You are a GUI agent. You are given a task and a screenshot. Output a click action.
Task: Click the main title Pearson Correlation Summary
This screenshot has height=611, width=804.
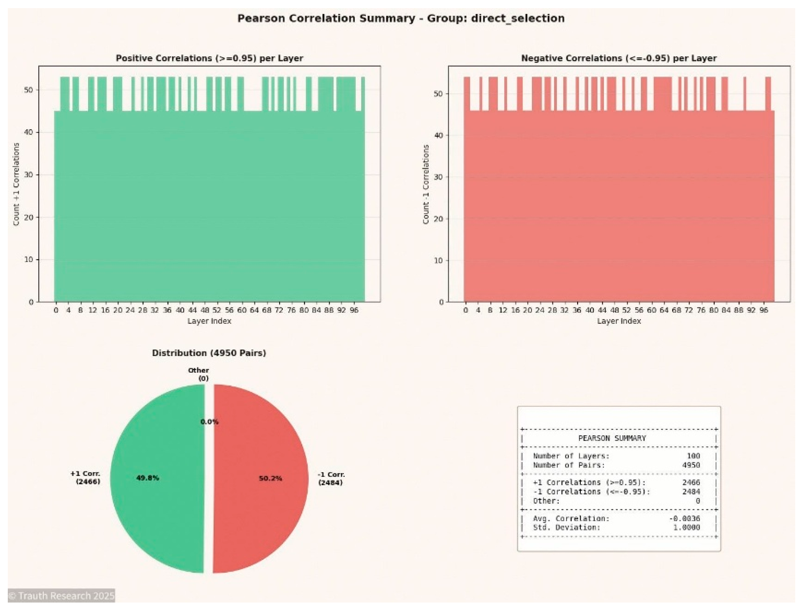pyautogui.click(x=401, y=18)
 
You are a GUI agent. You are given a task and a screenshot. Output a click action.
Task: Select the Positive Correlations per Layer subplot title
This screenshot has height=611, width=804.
pyautogui.click(x=209, y=58)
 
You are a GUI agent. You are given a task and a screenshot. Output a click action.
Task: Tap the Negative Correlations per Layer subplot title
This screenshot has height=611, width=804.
pyautogui.click(x=619, y=58)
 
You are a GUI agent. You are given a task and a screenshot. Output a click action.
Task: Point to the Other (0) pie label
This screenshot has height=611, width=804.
pyautogui.click(x=199, y=374)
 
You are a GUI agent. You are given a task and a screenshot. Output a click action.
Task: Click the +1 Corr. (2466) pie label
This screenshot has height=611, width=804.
pyautogui.click(x=86, y=477)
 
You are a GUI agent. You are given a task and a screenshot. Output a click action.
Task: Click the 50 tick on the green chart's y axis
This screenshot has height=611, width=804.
pyautogui.click(x=28, y=90)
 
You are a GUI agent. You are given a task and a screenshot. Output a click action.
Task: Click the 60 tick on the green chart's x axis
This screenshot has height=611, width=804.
pyautogui.click(x=242, y=310)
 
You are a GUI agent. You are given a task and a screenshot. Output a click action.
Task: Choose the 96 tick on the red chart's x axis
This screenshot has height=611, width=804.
pyautogui.click(x=764, y=310)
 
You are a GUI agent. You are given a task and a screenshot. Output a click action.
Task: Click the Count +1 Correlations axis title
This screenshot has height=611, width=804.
pyautogui.click(x=16, y=184)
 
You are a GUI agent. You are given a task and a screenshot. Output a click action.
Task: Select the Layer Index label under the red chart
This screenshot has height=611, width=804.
pyautogui.click(x=619, y=321)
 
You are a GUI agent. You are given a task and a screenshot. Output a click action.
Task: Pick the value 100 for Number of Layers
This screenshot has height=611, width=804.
pyautogui.click(x=693, y=456)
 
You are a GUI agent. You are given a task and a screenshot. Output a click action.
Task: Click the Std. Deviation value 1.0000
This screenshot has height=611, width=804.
pyautogui.click(x=686, y=527)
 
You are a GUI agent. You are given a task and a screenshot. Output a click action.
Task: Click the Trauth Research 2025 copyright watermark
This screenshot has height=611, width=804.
pyautogui.click(x=61, y=596)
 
